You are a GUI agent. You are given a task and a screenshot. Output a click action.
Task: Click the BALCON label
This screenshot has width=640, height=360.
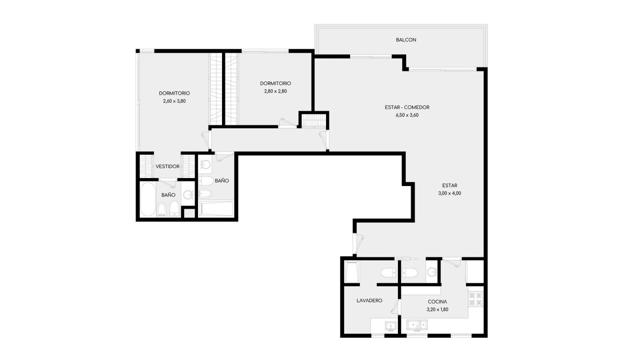click(406, 40)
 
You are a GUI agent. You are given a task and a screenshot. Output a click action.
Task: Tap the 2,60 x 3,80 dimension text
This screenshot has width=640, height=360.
click(174, 101)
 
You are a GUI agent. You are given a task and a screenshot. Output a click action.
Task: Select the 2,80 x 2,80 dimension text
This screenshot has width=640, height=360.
click(276, 92)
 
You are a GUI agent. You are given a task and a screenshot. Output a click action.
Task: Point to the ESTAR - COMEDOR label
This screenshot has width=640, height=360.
click(407, 108)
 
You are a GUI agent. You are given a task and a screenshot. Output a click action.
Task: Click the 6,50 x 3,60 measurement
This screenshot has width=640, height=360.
click(407, 115)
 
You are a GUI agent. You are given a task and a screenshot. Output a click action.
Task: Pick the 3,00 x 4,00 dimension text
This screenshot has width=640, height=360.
click(450, 193)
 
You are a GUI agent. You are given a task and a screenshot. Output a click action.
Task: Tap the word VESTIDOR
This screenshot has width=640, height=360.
click(168, 166)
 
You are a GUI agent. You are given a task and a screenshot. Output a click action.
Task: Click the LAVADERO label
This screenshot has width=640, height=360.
click(369, 300)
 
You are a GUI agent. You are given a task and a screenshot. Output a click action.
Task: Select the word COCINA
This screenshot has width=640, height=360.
click(437, 302)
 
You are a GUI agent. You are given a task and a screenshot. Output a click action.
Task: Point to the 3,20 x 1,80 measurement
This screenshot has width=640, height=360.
click(437, 310)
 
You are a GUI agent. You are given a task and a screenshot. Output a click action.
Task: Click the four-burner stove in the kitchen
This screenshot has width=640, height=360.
click(476, 299)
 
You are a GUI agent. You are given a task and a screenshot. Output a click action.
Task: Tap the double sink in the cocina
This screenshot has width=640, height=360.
click(417, 325)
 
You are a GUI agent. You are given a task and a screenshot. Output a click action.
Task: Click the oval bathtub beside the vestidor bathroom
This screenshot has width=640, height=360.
click(148, 199)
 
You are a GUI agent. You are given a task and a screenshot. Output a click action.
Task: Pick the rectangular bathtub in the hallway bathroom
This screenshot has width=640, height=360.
click(216, 209)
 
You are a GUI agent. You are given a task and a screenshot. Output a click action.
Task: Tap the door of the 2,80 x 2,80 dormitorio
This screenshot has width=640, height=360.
click(288, 123)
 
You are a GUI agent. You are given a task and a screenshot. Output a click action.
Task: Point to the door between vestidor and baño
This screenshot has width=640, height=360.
click(168, 182)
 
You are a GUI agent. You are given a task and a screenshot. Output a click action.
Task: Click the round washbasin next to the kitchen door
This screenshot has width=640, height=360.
click(432, 272)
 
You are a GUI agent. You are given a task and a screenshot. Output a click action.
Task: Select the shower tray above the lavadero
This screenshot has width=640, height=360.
click(352, 272)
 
